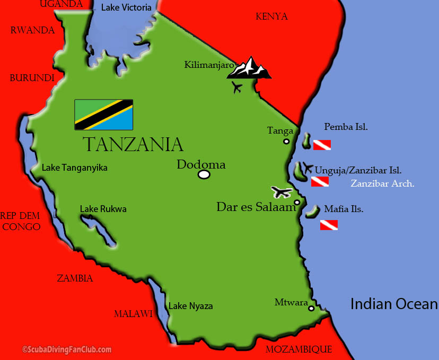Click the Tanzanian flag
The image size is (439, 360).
(x=103, y=115)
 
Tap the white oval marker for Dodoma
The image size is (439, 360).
(x=204, y=174)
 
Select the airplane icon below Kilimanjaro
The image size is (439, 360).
(x=237, y=87)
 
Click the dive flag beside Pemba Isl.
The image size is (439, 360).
(x=322, y=145)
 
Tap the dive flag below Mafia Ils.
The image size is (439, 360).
(x=329, y=225)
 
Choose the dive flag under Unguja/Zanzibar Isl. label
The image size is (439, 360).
(x=320, y=182)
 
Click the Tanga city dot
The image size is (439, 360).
(x=286, y=141)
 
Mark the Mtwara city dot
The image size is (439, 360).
(x=311, y=308)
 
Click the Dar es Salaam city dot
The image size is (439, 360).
(x=297, y=202)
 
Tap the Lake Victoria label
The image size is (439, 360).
(x=126, y=8)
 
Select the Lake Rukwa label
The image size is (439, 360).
(x=103, y=209)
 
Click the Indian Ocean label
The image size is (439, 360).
(x=394, y=304)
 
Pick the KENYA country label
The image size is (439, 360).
(x=271, y=16)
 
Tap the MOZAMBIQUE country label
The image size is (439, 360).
(x=298, y=349)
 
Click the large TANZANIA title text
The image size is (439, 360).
(x=133, y=144)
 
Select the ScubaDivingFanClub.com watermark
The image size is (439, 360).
(x=67, y=349)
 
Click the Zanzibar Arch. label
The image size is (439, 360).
(x=382, y=184)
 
